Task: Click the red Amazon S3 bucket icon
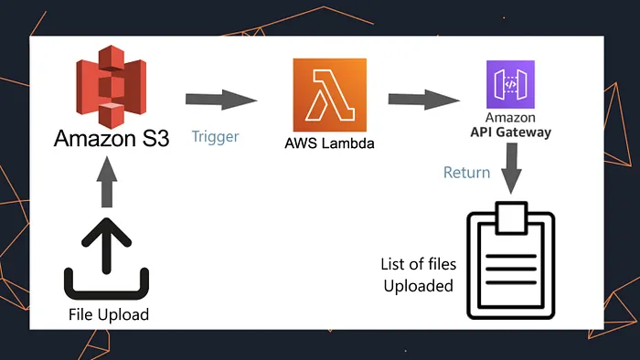[x=108, y=84]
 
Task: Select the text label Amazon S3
[x=111, y=139]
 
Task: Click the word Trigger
[x=215, y=137]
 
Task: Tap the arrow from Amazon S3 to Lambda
[x=220, y=98]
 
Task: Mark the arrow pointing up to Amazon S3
[x=107, y=183]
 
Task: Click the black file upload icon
[x=108, y=260]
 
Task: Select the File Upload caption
[x=108, y=315]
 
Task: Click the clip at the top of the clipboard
[x=511, y=217]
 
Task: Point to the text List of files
[x=418, y=264]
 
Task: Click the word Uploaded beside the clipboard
[x=418, y=286]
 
